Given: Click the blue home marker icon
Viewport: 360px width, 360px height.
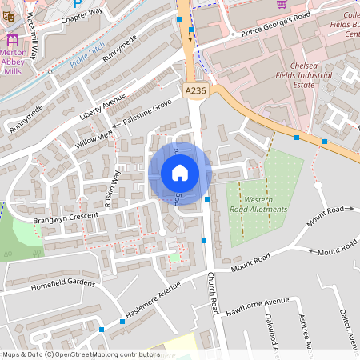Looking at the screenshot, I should [x=180, y=172].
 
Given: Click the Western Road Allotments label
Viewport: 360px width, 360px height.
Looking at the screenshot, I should [x=266, y=204].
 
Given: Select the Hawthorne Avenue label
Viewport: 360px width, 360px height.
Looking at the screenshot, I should [x=255, y=302].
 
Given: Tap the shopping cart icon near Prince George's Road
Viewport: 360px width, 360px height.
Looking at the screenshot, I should [x=282, y=4].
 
